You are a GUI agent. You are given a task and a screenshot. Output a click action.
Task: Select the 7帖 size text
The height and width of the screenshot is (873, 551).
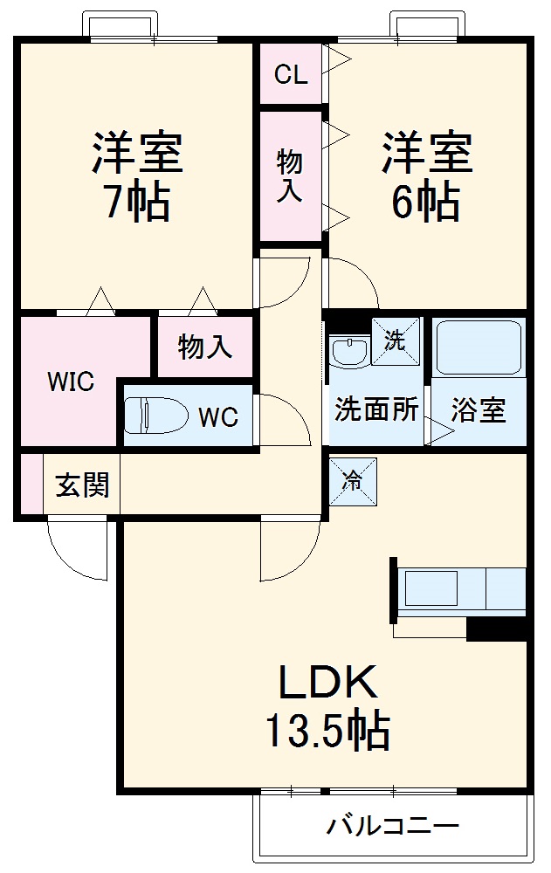pos(139,203)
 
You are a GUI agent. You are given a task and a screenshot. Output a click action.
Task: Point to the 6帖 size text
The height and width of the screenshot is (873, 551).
pos(426,203)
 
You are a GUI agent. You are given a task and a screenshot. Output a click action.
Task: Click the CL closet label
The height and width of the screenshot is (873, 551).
pos(291,75)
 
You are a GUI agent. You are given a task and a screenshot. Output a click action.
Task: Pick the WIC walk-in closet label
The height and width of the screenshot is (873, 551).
pos(71,383)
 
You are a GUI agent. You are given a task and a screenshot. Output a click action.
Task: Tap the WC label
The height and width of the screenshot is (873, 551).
pos(217,418)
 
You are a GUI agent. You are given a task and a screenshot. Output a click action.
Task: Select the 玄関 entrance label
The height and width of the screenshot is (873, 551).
pos(83,485)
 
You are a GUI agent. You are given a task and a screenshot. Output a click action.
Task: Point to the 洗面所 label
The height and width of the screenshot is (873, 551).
pos(376,409)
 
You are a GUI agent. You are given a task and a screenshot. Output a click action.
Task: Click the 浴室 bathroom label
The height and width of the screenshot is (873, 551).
pos(479,410)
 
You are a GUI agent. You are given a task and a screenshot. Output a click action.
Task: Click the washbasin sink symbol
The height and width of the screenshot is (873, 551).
pos(350,352)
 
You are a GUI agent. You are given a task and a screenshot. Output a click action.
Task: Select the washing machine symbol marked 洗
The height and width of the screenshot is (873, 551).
pos(396,340)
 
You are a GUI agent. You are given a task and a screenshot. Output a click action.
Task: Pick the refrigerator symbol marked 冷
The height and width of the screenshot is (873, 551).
pos(352,481)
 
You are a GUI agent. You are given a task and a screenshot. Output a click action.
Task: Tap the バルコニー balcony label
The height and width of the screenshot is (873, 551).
pos(393,825)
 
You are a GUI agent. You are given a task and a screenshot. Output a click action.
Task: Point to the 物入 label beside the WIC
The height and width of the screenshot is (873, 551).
pos(205,347)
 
